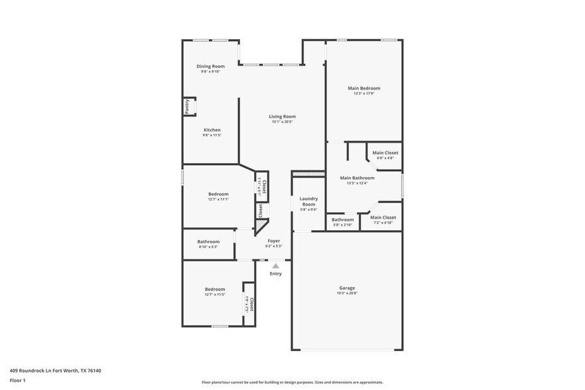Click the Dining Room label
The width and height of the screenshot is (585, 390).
210,66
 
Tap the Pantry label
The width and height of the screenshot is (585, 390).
187,107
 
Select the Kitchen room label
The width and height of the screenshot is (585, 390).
212,130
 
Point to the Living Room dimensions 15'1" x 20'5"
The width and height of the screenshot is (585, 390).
282,122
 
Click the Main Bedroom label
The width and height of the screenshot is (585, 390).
364,88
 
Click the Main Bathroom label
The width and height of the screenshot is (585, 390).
357,178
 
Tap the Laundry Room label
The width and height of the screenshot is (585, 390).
308,201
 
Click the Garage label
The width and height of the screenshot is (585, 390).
347,288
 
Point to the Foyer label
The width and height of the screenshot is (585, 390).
273,241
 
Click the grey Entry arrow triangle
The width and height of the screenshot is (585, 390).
276,265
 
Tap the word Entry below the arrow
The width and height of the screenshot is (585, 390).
276,273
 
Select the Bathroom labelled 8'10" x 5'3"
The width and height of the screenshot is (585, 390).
208,241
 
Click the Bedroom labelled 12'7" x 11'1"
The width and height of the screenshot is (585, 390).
218,194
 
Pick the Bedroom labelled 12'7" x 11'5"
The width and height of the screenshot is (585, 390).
214,289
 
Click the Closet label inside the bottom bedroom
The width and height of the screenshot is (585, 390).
251,304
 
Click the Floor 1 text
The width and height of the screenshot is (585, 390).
17,380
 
